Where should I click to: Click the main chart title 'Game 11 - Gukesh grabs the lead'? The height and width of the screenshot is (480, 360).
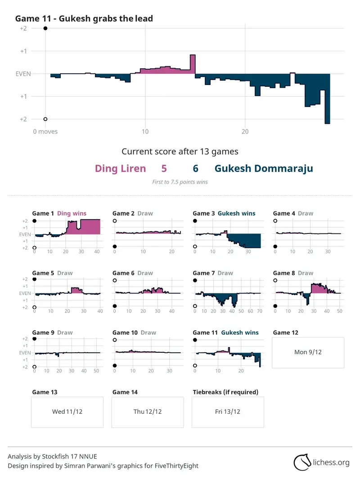click(x=84, y=19)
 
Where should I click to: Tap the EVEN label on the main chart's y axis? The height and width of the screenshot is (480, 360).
click(x=23, y=74)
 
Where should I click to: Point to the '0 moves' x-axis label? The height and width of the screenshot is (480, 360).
click(x=45, y=132)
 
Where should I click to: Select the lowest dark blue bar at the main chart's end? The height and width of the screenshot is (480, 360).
click(x=327, y=99)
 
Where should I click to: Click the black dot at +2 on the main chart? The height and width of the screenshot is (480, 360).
click(x=45, y=28)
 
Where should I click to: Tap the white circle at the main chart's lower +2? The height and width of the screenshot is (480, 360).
click(x=45, y=119)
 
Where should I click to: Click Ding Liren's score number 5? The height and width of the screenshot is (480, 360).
click(x=164, y=168)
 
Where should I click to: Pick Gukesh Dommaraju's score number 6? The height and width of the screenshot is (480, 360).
click(x=196, y=168)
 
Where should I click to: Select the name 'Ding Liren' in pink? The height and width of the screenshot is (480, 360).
click(x=120, y=168)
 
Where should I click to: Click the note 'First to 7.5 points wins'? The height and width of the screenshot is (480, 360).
click(x=180, y=182)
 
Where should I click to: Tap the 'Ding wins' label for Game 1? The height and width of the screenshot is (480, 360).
click(x=72, y=213)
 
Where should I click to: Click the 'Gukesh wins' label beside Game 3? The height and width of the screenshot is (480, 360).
click(x=236, y=213)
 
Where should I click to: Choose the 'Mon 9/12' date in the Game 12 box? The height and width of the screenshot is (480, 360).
click(x=308, y=352)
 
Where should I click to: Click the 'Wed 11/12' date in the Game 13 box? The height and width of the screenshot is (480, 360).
click(x=67, y=412)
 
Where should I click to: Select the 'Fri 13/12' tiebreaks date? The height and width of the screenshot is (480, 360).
click(x=227, y=412)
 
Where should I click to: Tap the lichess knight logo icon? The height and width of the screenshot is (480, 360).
click(x=302, y=462)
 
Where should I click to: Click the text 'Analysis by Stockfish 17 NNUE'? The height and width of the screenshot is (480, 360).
click(x=52, y=457)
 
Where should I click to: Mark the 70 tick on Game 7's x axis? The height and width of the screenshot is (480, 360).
click(x=260, y=311)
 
